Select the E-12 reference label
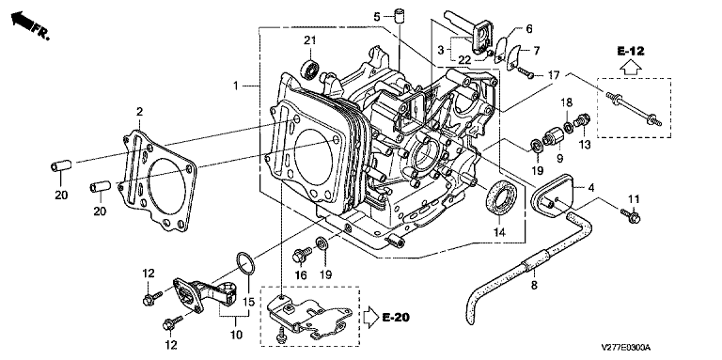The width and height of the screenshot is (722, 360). pyautogui.click(x=631, y=51)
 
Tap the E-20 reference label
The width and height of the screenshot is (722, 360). pyautogui.click(x=396, y=317)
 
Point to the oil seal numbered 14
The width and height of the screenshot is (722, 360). pyautogui.click(x=504, y=198)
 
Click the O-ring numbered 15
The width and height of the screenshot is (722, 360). pyautogui.click(x=245, y=265)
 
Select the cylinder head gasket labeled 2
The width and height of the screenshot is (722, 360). pyautogui.click(x=158, y=180)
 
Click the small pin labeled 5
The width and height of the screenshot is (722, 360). pyautogui.click(x=400, y=14)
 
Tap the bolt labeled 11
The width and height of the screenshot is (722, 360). pyautogui.click(x=630, y=215)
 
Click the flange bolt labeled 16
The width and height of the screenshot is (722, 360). pyautogui.click(x=301, y=255)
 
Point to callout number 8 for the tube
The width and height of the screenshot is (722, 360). pyautogui.click(x=534, y=286)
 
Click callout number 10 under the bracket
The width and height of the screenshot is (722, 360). pyautogui.click(x=236, y=335)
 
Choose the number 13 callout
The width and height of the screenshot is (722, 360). pyautogui.click(x=585, y=145)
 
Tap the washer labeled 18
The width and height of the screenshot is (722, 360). pyautogui.click(x=569, y=126)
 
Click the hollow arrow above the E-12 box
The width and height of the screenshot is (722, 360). pyautogui.click(x=631, y=67)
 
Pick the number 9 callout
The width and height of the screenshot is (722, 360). pyautogui.click(x=559, y=158)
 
